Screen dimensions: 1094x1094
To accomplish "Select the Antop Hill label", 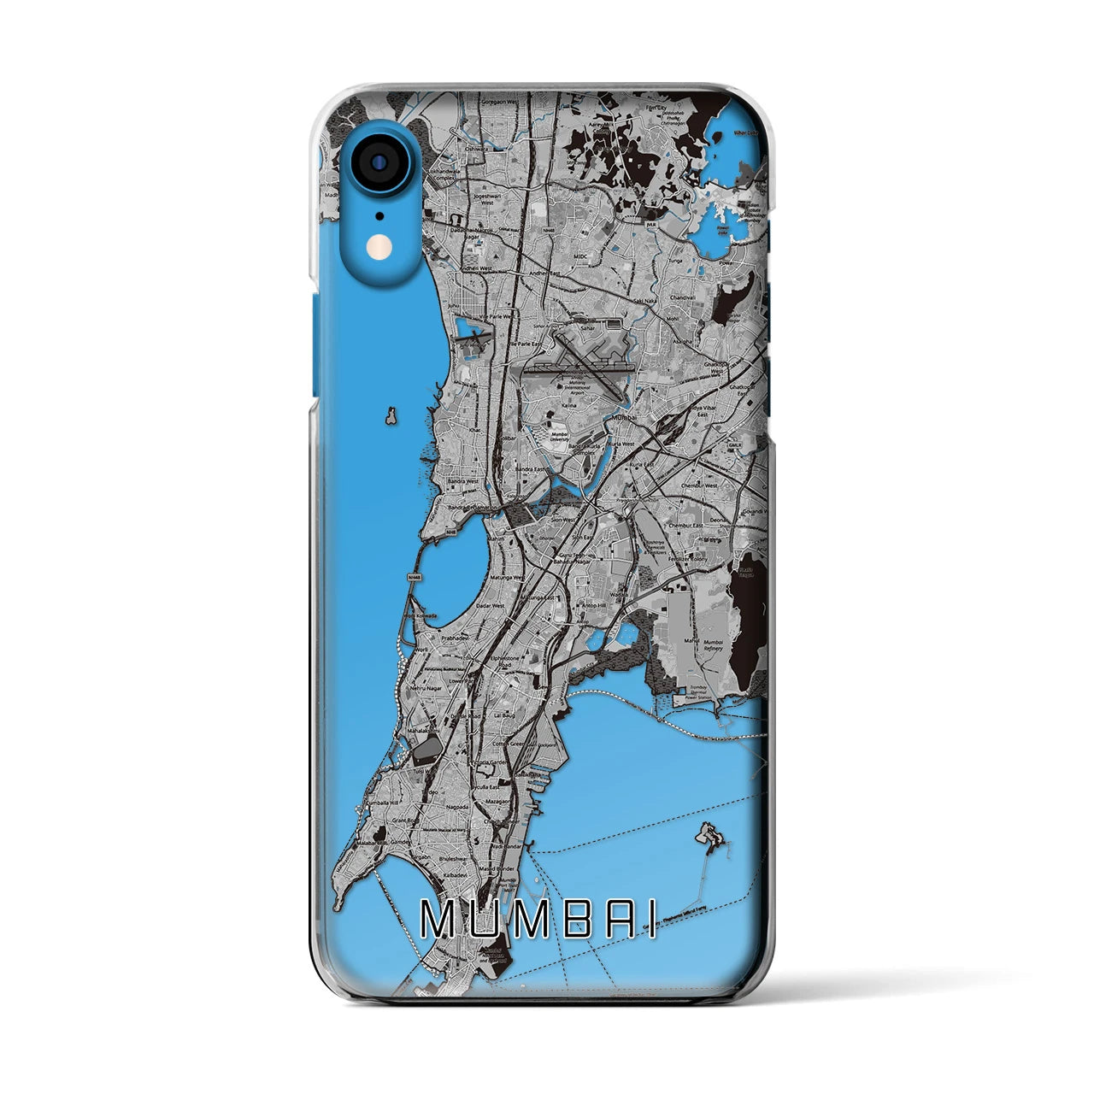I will tap(602, 605).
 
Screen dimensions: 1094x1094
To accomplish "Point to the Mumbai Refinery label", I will tap(713, 644).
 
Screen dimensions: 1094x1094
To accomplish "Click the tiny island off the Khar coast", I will tap(391, 418).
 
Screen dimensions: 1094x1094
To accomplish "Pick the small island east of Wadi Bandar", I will tap(708, 832).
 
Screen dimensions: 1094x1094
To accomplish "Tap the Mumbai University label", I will tap(560, 436).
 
